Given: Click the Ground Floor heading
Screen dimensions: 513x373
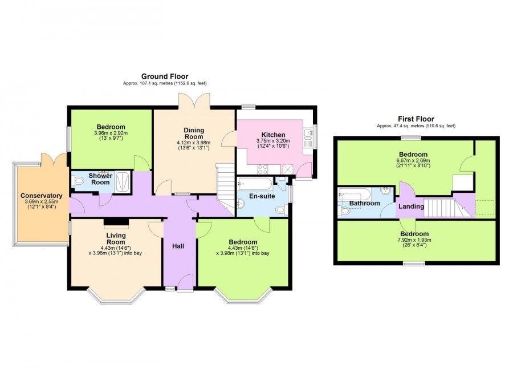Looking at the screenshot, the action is click(165, 76).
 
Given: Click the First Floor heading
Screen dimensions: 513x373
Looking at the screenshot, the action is click(416, 119).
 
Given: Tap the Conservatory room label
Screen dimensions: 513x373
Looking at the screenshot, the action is click(41, 196).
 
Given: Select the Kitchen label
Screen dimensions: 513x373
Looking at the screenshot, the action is click(273, 135).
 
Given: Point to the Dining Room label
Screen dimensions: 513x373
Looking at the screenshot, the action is click(194, 133).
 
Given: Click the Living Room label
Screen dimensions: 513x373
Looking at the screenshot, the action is click(116, 238).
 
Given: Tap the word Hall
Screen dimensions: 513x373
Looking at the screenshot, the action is click(178, 246).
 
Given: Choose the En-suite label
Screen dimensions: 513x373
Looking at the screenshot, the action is click(262, 196).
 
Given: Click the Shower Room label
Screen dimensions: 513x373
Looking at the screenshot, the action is click(100, 179).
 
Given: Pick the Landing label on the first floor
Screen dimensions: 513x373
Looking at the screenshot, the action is click(411, 206).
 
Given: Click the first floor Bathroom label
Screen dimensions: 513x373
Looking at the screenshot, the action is click(364, 203).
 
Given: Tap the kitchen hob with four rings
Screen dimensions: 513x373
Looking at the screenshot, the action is click(263, 169).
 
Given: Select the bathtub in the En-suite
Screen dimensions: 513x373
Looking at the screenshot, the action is click(255, 184).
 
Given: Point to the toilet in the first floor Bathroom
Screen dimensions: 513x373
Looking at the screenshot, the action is click(344, 211).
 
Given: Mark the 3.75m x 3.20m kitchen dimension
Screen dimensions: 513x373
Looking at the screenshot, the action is click(273, 140).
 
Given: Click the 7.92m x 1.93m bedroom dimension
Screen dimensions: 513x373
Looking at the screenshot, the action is click(414, 240).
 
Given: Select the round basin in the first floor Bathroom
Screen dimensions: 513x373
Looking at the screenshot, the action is click(386, 191).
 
